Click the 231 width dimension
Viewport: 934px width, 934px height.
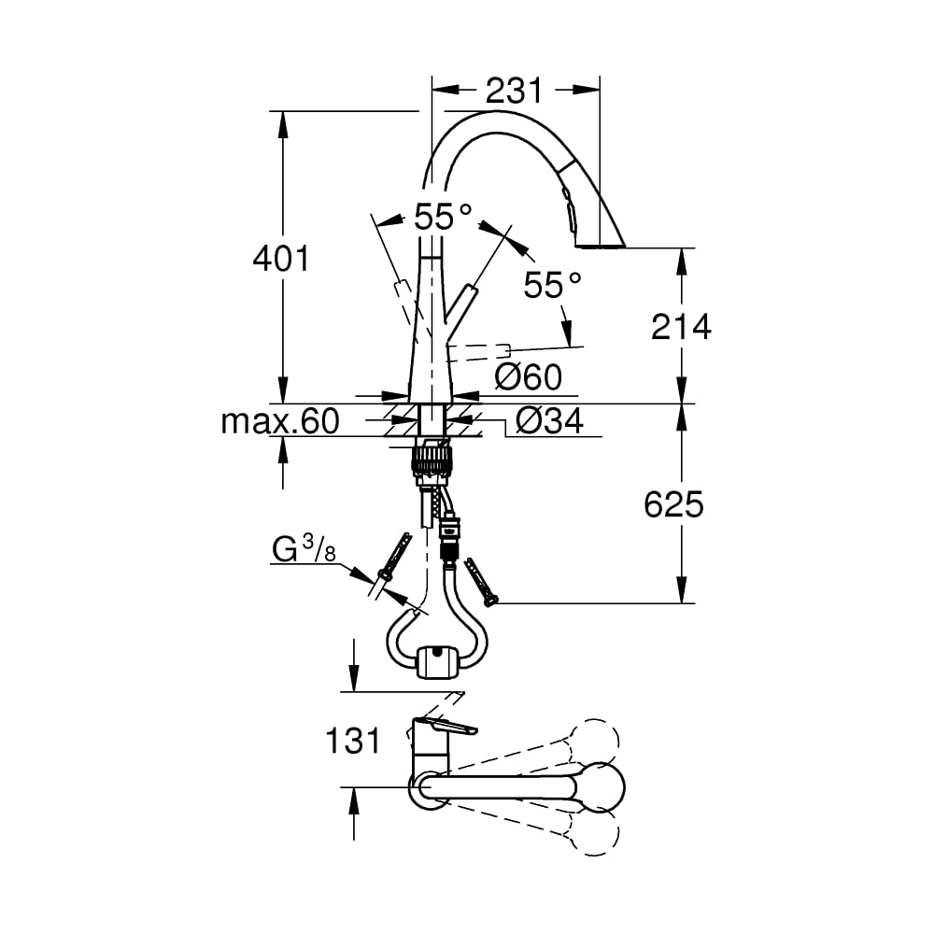point(514,91)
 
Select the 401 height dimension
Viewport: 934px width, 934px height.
point(281,258)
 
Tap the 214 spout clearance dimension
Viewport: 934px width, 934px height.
point(681,326)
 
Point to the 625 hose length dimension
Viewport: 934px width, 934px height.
point(673,504)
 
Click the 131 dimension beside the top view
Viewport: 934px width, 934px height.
point(353,741)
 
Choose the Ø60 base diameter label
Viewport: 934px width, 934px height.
point(529,376)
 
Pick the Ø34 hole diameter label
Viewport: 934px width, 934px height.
point(549,421)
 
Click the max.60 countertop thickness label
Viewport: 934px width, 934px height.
point(280,421)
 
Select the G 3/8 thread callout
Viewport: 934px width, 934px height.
point(304,548)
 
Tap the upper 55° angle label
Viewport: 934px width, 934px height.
point(444,216)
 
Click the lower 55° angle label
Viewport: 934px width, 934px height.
point(552,284)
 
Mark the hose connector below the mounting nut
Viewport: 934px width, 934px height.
point(449,539)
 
